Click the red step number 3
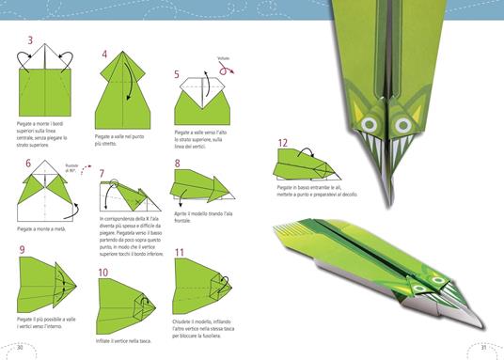31,40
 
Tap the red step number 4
105,54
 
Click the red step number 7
102,172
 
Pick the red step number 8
177,163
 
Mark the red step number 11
179,252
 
